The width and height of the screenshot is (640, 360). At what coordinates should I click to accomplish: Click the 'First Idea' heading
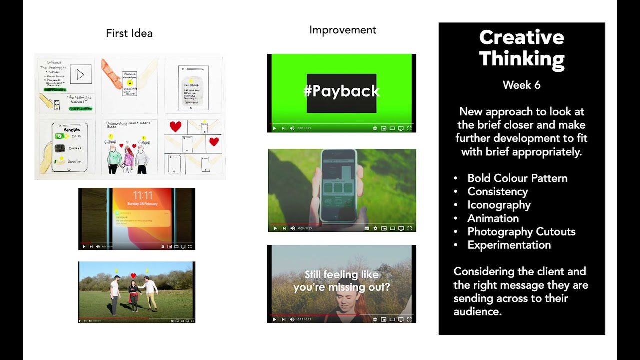click(x=129, y=33)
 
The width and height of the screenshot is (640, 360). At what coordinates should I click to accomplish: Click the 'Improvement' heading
click(x=342, y=30)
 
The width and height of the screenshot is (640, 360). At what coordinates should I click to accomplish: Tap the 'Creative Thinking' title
click(x=521, y=48)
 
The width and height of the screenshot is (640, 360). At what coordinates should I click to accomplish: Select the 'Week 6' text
click(x=521, y=85)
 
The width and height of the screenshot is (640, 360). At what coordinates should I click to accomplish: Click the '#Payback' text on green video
click(x=341, y=91)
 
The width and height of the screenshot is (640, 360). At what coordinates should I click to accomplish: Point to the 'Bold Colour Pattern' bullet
click(x=517, y=178)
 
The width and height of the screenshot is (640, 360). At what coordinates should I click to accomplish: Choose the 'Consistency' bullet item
click(x=497, y=192)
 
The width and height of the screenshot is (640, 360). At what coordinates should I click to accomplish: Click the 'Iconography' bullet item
click(x=499, y=205)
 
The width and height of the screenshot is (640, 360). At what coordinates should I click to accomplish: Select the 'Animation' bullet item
click(x=493, y=218)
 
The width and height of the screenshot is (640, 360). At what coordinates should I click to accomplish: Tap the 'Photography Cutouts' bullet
click(x=521, y=232)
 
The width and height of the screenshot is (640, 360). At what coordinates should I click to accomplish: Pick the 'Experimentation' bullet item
click(x=509, y=245)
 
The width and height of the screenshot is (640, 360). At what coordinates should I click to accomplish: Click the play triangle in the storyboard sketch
click(x=80, y=75)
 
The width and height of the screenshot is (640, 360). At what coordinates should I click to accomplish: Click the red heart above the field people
click(x=133, y=275)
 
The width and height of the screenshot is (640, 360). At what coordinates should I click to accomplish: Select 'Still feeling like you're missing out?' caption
click(x=341, y=281)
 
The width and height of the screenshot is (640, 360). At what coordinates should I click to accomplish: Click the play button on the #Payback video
click(x=274, y=128)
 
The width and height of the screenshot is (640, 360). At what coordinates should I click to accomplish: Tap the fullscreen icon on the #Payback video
click(x=409, y=128)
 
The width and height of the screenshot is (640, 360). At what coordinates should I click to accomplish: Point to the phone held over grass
click(x=338, y=186)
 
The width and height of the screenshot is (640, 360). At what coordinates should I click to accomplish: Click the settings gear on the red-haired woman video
click(x=375, y=319)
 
